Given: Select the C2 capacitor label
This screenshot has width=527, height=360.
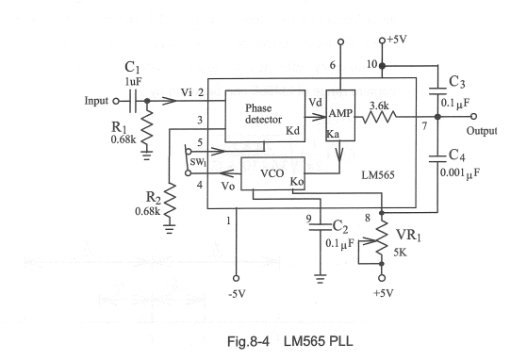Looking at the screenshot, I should pyautogui.click(x=341, y=225).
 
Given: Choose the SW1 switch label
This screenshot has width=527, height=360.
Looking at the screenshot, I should pyautogui.click(x=199, y=161).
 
